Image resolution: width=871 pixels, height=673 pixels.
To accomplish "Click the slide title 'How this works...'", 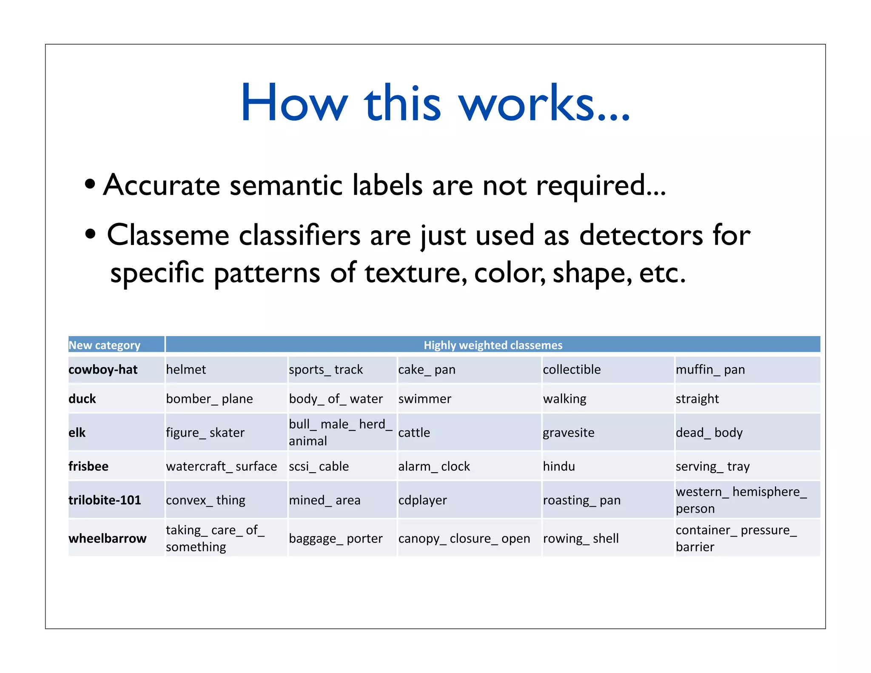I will pos(435,103).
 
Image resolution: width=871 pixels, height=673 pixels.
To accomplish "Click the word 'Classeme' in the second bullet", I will pos(168,235).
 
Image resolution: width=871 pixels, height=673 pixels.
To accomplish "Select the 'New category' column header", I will pos(105,345).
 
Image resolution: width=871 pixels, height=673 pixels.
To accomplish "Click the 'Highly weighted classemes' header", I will pos(492,345).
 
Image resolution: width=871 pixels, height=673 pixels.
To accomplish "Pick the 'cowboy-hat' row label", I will pos(103,369).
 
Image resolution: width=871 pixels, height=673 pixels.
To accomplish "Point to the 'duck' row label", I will pos(82,399).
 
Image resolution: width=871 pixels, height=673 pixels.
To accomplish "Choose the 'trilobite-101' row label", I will pos(105,500).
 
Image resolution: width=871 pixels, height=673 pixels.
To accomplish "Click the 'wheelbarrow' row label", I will pos(107,538).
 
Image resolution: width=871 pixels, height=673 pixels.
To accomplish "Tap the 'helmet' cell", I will pos(186,369).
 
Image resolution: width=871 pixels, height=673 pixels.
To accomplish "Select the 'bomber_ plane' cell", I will pos(209,399).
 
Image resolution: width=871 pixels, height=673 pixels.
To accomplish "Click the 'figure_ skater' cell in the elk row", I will pos(205,432).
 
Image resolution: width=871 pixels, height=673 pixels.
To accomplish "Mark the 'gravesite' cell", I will pos(568,432).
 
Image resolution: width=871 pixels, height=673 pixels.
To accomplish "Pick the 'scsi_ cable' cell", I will pos(319,466).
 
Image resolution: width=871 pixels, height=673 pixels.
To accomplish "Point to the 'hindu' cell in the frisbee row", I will pos(559,466).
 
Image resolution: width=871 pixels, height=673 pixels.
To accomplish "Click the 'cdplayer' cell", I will pos(422,500).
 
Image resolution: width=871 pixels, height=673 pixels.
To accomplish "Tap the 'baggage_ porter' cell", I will pos(336,538).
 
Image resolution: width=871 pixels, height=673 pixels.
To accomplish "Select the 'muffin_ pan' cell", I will pos(710,369).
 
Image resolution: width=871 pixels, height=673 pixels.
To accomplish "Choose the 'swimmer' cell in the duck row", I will pos(424,399).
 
